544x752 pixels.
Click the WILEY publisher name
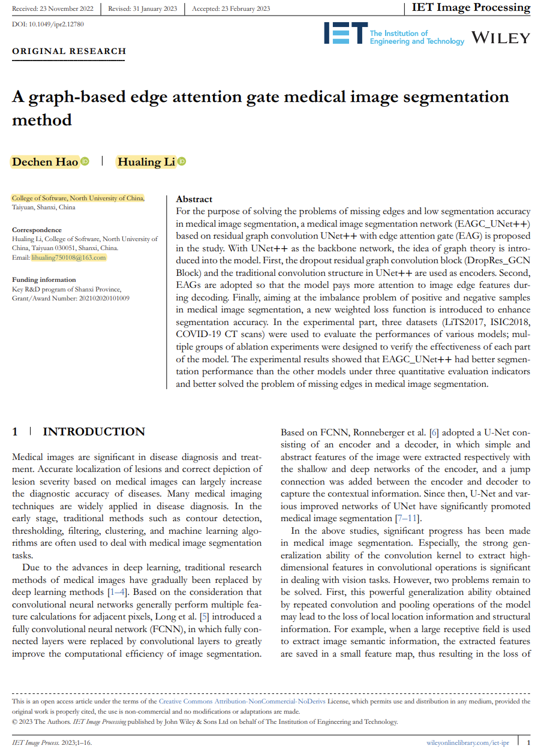coord(501,38)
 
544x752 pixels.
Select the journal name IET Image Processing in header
coord(471,8)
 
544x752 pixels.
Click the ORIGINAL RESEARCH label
coord(69,51)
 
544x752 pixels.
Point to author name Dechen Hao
coord(45,162)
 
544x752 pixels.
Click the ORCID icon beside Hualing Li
coord(182,162)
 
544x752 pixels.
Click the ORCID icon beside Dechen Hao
coord(85,162)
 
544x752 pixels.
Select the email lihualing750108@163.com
coord(69,257)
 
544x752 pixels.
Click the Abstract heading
coord(194,199)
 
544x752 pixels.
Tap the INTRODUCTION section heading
coord(94,432)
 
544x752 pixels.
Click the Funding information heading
coord(44,279)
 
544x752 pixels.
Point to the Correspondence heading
coord(37,230)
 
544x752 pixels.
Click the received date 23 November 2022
coord(65,8)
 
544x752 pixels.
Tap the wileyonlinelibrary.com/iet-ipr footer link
coord(468,742)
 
